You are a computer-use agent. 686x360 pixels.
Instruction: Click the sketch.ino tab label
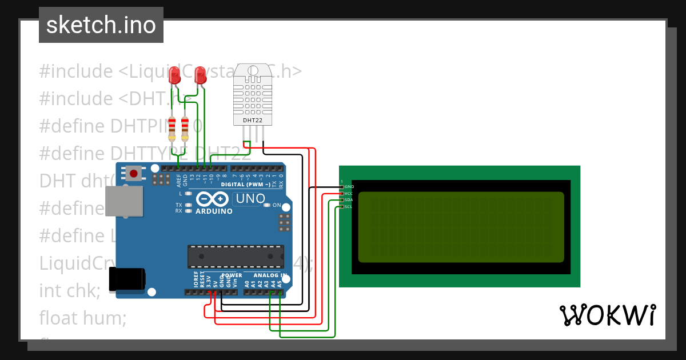point(101,25)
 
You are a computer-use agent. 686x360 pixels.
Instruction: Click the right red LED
point(200,74)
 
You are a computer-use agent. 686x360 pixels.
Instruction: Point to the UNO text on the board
point(250,199)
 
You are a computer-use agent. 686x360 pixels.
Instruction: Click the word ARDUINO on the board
point(214,211)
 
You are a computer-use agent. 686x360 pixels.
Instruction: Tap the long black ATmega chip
point(236,257)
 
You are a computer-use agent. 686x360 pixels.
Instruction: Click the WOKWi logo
point(607,315)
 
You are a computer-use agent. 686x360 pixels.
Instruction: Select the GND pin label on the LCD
point(349,187)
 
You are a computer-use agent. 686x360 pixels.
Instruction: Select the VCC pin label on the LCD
point(349,194)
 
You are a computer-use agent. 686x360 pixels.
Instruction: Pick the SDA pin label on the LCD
point(349,200)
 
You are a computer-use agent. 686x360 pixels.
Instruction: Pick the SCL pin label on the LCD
point(349,206)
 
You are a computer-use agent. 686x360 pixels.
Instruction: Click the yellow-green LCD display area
point(461,227)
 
